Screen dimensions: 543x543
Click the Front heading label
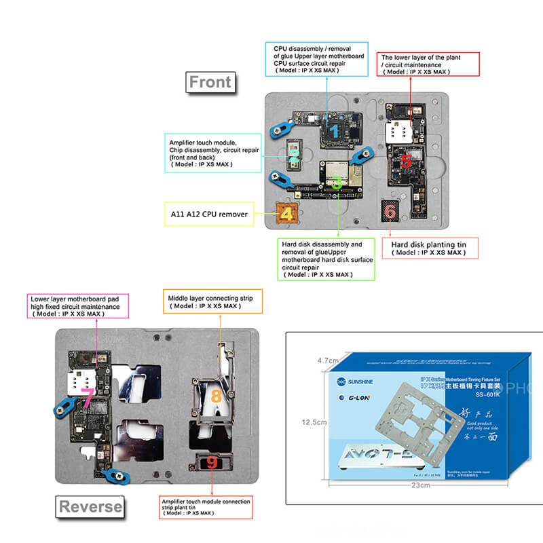click(x=210, y=82)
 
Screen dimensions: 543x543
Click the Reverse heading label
click(x=90, y=506)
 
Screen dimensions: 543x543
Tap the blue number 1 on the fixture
click(x=334, y=128)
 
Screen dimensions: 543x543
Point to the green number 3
click(x=337, y=182)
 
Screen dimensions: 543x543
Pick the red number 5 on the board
click(x=405, y=162)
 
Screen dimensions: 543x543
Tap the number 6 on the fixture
click(x=390, y=211)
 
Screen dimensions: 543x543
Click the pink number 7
click(x=86, y=393)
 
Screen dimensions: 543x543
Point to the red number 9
click(x=212, y=464)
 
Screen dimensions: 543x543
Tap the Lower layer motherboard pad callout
click(x=75, y=306)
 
